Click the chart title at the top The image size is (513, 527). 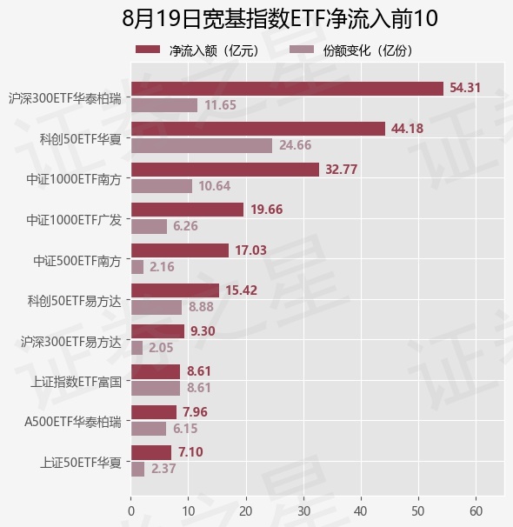tap(279, 18)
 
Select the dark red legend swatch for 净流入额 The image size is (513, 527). tap(148, 50)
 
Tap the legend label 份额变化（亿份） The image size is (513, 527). tap(368, 50)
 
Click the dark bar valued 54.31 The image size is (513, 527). tap(287, 89)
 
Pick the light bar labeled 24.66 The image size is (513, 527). tap(202, 145)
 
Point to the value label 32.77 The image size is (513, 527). tap(342, 169)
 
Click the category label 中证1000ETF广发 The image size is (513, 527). tap(74, 220)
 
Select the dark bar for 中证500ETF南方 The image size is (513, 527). tap(180, 250)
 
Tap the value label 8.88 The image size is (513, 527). tap(201, 307)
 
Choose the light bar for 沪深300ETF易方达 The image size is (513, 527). tap(137, 348)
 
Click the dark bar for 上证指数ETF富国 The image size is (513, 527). tap(156, 371)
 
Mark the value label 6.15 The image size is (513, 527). tap(185, 429)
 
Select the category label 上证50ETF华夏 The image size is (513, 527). tap(81, 463)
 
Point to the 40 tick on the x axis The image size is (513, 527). tap(361, 511)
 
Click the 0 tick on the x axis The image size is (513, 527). tap(131, 511)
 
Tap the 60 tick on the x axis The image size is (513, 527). tap(476, 511)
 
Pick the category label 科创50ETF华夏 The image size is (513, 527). tap(81, 139)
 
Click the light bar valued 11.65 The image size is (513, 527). tap(164, 105)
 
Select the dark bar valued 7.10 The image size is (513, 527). tap(151, 452)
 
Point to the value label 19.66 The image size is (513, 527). tap(267, 210)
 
